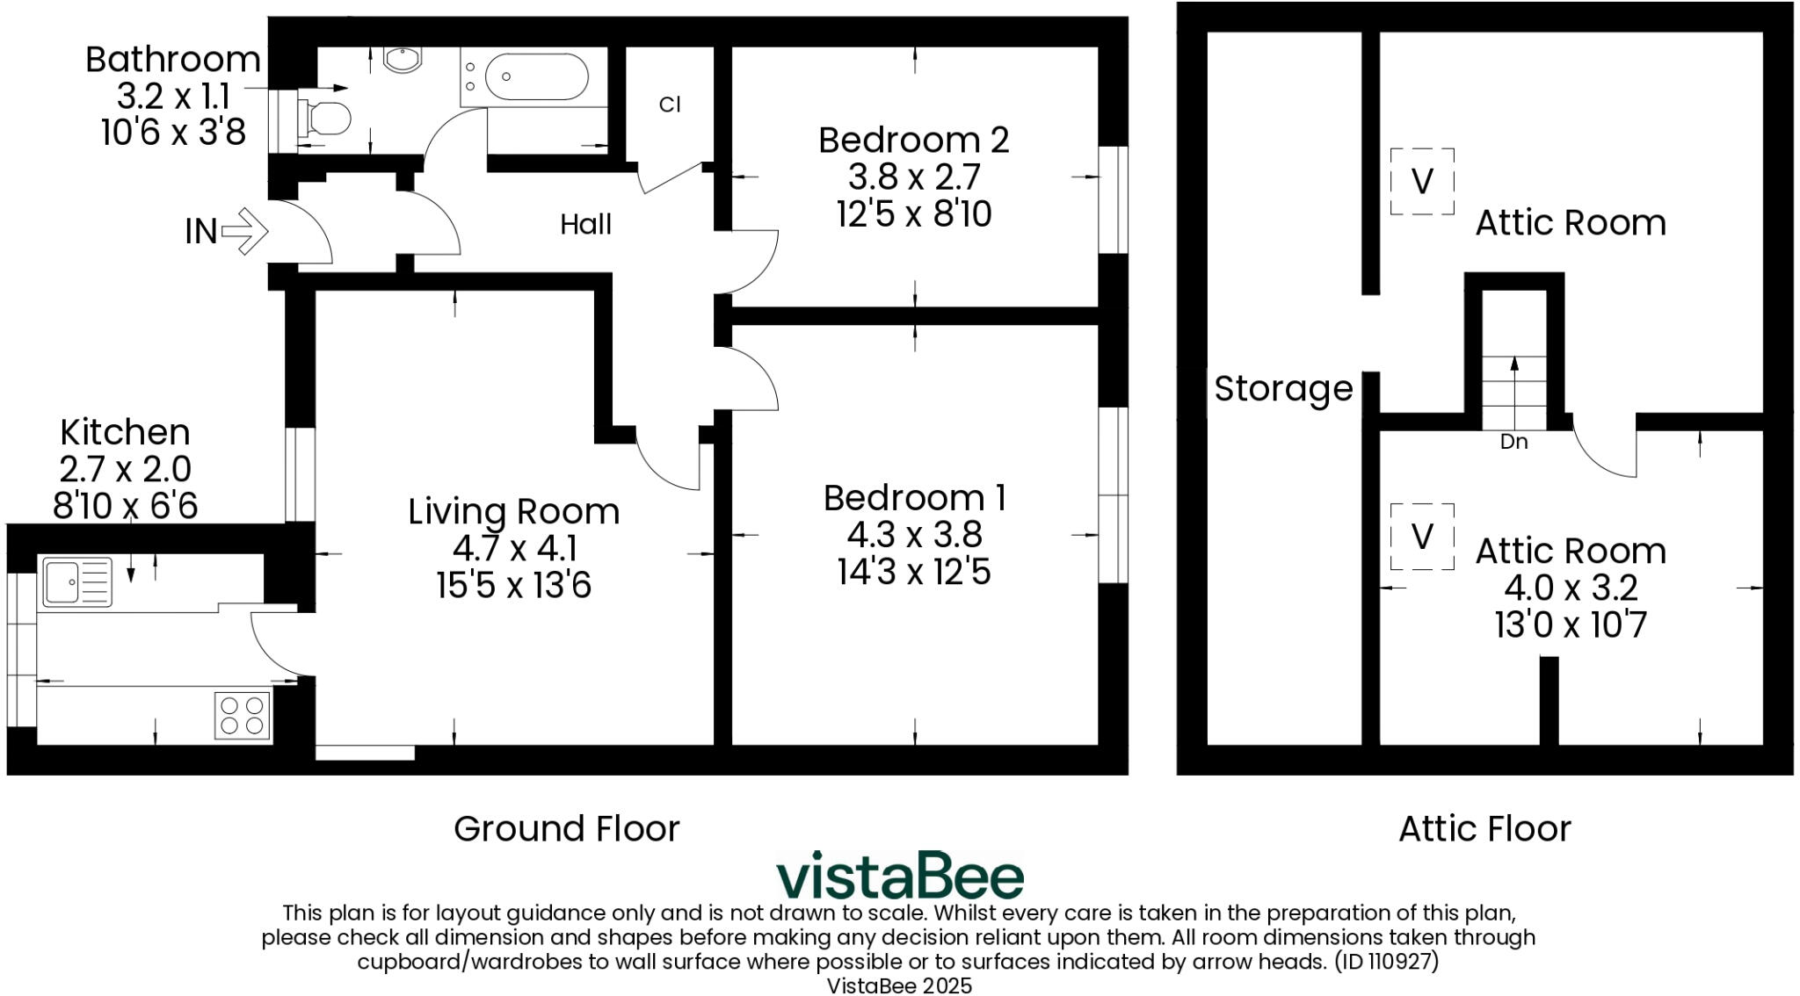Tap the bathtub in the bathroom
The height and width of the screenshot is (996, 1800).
[x=535, y=78]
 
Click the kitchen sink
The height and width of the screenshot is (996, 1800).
[x=76, y=581]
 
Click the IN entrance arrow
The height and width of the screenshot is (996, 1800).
[x=244, y=231]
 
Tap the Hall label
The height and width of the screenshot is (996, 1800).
[x=585, y=225]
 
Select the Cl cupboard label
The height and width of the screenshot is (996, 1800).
[x=670, y=105]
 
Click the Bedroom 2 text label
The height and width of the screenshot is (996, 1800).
[x=913, y=141]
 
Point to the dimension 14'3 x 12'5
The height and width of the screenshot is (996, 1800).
[x=914, y=572]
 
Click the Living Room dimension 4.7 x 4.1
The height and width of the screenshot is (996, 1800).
[x=514, y=548]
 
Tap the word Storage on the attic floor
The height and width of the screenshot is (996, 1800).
[x=1283, y=388]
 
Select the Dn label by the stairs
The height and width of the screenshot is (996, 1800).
[x=1513, y=442]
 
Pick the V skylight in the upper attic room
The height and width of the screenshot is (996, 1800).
[x=1422, y=182]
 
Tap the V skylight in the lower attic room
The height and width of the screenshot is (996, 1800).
[x=1422, y=536]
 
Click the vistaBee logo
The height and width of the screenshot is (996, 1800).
[x=900, y=876]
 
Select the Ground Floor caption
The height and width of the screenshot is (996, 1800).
[x=567, y=828]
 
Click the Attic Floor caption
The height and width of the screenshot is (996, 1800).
[x=1484, y=828]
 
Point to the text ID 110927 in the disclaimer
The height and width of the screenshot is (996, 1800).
[x=1386, y=962]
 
